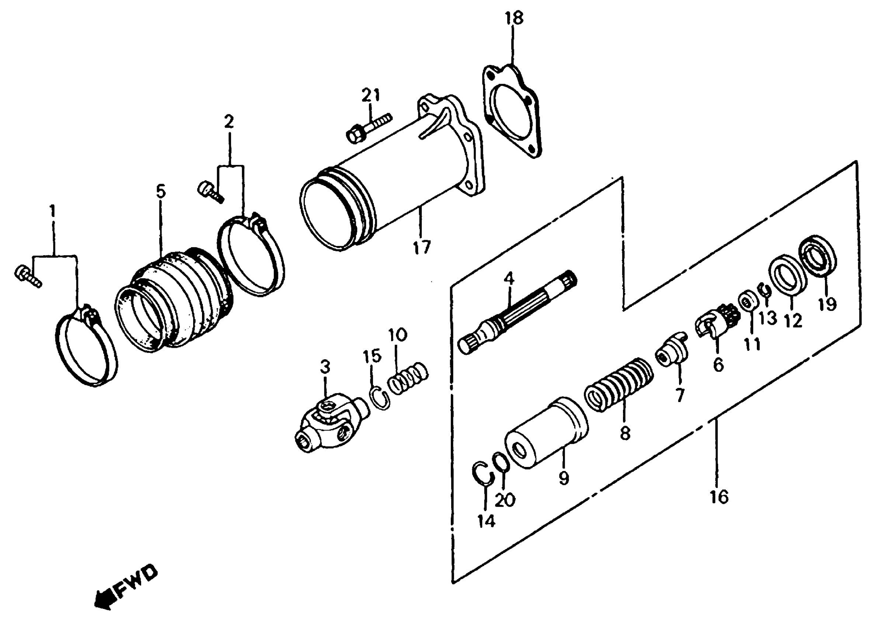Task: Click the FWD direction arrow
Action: pos(125,587)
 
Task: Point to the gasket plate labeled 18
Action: pos(512,114)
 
